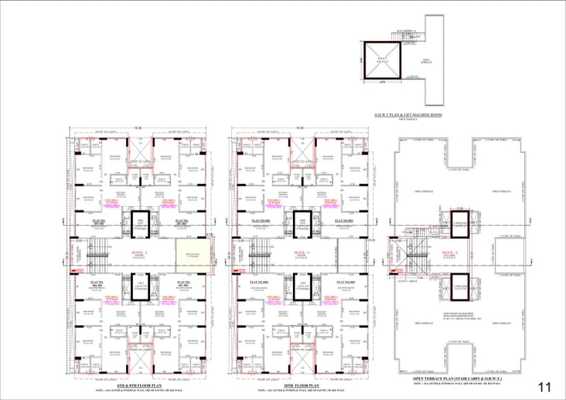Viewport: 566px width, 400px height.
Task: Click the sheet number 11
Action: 543,387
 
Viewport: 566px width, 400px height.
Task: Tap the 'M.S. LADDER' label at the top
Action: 405,30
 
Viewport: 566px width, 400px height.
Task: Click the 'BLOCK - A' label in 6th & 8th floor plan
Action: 139,252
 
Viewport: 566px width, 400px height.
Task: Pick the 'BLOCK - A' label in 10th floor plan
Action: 301,252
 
